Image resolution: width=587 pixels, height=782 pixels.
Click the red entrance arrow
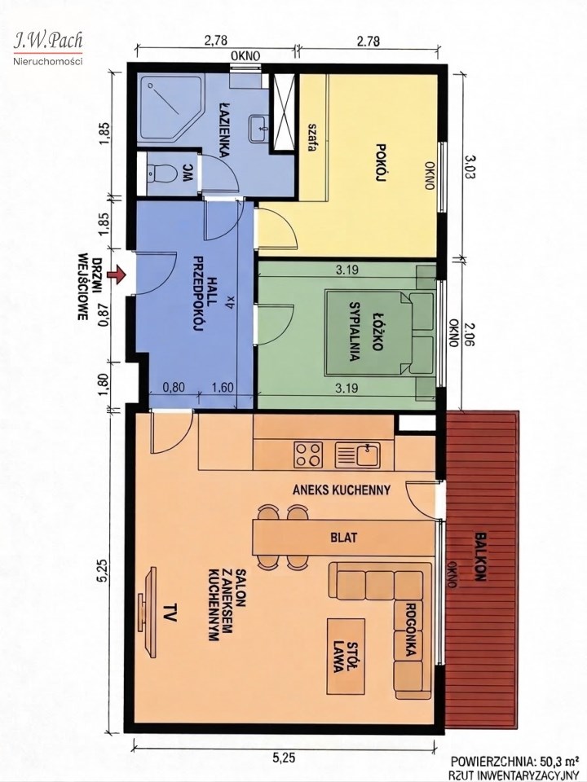[x=117, y=275]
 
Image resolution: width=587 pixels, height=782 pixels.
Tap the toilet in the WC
[x=161, y=174]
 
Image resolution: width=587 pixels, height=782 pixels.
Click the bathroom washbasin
[x=258, y=129]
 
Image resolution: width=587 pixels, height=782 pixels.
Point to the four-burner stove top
[x=307, y=455]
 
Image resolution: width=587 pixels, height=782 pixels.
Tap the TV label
[x=170, y=612]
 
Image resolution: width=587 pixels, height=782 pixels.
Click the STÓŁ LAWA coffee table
[x=346, y=656]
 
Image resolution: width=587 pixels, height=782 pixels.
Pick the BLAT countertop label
[x=344, y=538]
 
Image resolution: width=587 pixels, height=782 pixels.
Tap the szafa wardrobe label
[x=312, y=138]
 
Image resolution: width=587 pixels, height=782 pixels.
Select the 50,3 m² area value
[x=554, y=761]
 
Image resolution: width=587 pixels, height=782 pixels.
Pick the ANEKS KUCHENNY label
[x=342, y=490]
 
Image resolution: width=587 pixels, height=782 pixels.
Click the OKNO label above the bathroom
[x=245, y=56]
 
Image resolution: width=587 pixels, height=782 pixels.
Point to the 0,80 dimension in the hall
[x=174, y=387]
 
